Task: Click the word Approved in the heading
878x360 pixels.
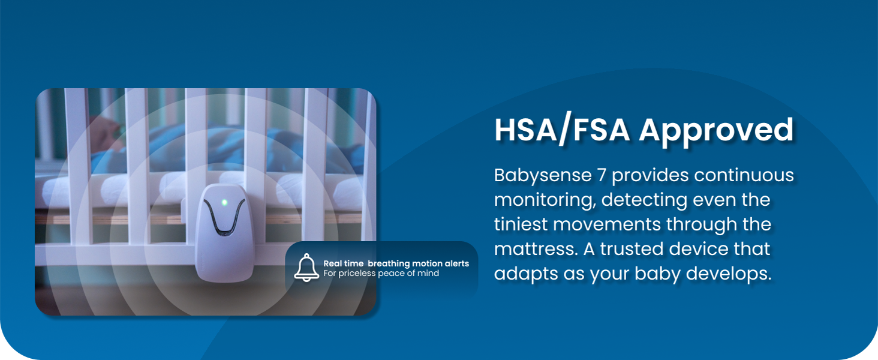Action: click(x=717, y=131)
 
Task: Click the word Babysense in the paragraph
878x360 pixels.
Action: click(x=543, y=175)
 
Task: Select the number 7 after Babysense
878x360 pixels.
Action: click(x=602, y=175)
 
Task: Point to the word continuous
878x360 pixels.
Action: click(x=744, y=175)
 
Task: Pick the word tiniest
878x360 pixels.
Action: click(x=521, y=224)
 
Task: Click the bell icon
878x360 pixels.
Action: click(x=306, y=268)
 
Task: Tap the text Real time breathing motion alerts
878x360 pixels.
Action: click(x=396, y=263)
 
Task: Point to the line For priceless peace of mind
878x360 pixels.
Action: click(x=381, y=273)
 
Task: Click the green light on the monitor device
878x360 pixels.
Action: click(x=224, y=203)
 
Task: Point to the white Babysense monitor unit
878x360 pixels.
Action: click(x=224, y=233)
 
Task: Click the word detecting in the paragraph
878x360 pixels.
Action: click(x=644, y=200)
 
